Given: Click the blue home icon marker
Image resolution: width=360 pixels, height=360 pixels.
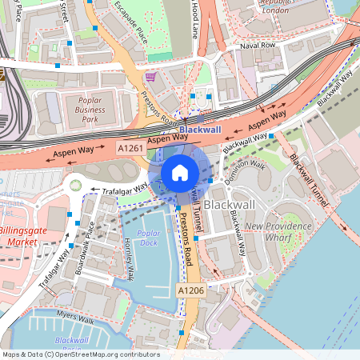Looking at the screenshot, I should tap(180, 172).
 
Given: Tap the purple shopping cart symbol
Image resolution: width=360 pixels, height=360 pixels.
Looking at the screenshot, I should tap(150, 77).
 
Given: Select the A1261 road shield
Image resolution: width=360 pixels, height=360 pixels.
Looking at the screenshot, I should tap(130, 149).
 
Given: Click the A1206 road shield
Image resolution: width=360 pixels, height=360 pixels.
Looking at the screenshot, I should tap(191, 290).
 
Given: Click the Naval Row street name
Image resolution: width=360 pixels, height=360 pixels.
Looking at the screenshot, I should tap(257, 46).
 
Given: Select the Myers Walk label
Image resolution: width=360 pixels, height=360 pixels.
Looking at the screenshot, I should tap(75, 320).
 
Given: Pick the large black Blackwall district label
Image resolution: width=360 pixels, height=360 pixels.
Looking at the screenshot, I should tap(229, 205).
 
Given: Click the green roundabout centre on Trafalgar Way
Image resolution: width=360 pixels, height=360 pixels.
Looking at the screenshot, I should tap(76, 186).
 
